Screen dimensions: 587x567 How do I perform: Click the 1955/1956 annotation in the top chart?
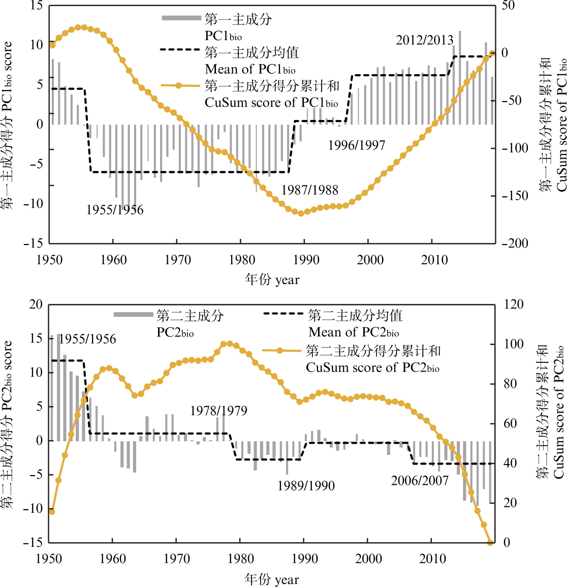point(115,210)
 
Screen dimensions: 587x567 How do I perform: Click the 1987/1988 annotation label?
point(309,190)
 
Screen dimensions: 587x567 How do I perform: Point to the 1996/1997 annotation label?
point(357,145)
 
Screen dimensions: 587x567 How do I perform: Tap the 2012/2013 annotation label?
point(425,40)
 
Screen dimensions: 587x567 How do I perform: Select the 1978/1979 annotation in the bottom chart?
point(218,411)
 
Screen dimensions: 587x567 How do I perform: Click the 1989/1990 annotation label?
point(306,486)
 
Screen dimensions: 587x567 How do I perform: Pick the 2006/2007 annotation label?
point(420,481)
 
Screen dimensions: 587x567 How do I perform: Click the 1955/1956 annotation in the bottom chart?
point(87,339)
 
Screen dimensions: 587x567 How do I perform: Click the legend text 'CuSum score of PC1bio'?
point(271,103)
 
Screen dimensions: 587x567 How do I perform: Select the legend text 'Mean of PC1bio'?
point(250,69)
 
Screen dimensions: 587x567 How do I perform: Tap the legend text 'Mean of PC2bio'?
point(354,333)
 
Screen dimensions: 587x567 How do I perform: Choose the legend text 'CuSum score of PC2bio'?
point(372,367)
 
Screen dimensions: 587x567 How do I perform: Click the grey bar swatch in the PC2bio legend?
point(133,315)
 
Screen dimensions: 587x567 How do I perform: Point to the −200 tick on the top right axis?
point(515,243)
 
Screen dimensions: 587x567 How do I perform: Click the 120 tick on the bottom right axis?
point(513,304)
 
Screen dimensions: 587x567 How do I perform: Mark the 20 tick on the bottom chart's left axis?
point(36,304)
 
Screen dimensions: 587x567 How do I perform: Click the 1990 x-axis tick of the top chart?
point(306,260)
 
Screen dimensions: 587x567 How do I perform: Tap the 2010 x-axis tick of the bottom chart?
point(433,559)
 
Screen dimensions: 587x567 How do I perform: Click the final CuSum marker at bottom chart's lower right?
point(490,543)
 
